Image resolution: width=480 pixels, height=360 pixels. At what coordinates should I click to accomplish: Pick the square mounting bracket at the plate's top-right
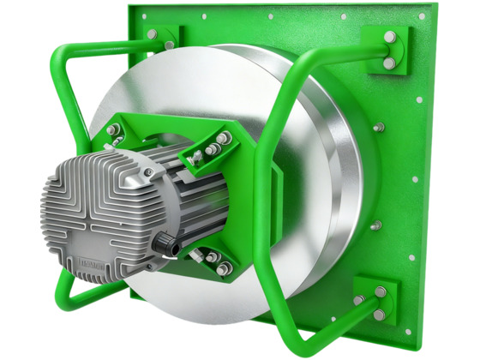(387, 50)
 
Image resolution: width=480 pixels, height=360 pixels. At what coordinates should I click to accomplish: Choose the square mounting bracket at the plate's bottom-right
(375, 300)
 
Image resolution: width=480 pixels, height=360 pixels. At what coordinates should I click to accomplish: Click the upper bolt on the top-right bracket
(390, 38)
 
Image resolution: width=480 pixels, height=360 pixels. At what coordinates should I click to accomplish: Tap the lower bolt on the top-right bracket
(389, 63)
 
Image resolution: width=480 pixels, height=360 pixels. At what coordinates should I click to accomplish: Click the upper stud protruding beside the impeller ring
(378, 128)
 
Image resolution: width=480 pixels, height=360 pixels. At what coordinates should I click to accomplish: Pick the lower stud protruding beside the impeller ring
(375, 225)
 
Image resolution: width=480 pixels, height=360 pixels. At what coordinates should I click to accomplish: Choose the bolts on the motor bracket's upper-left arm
(113, 130)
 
